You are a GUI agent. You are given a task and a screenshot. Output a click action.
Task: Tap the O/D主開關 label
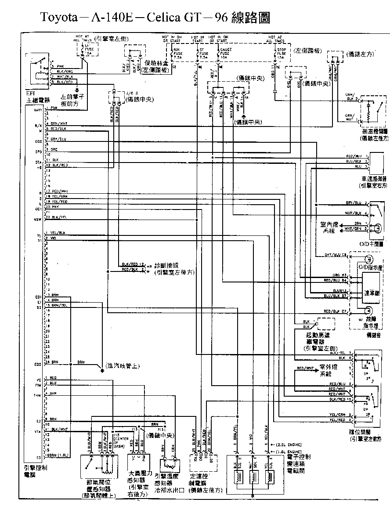tap(374, 243)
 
